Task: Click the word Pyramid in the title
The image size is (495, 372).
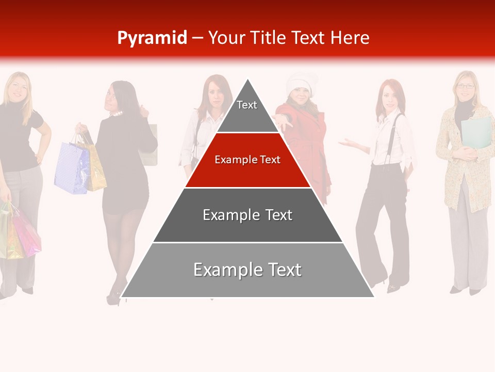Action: click(152, 38)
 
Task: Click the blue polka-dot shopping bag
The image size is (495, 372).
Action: click(71, 168)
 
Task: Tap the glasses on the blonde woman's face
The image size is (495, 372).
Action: click(465, 86)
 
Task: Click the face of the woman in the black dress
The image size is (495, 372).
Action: click(114, 96)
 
